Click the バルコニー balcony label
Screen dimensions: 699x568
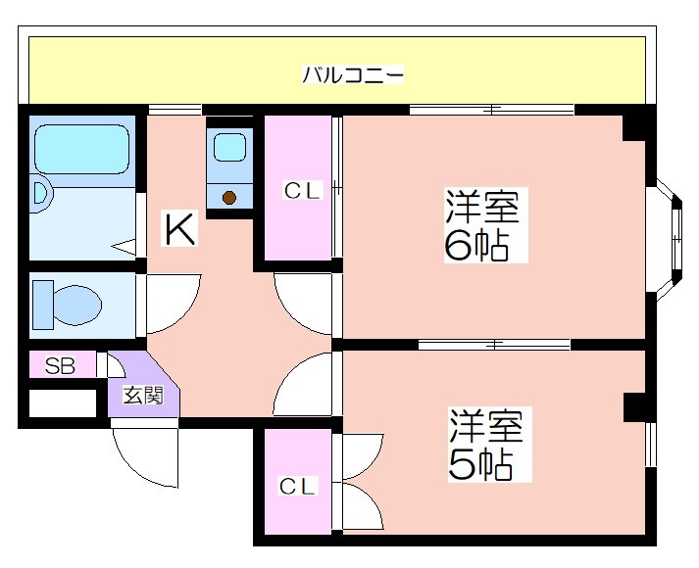click(353, 74)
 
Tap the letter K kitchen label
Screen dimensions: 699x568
click(180, 229)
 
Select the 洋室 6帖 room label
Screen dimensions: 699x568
click(482, 225)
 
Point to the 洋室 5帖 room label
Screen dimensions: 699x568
click(486, 445)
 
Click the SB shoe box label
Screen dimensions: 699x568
click(60, 366)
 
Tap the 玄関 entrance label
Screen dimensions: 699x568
click(143, 395)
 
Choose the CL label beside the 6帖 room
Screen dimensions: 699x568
click(302, 191)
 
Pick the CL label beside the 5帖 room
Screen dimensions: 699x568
click(297, 486)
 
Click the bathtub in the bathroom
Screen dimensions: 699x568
click(82, 149)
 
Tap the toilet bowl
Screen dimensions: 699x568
click(76, 306)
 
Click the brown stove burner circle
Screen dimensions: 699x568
click(229, 197)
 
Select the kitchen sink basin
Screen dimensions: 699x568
click(229, 147)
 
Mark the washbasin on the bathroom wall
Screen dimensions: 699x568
click(41, 194)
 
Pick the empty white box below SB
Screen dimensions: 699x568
click(63, 403)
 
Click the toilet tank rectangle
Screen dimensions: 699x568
click(43, 305)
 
